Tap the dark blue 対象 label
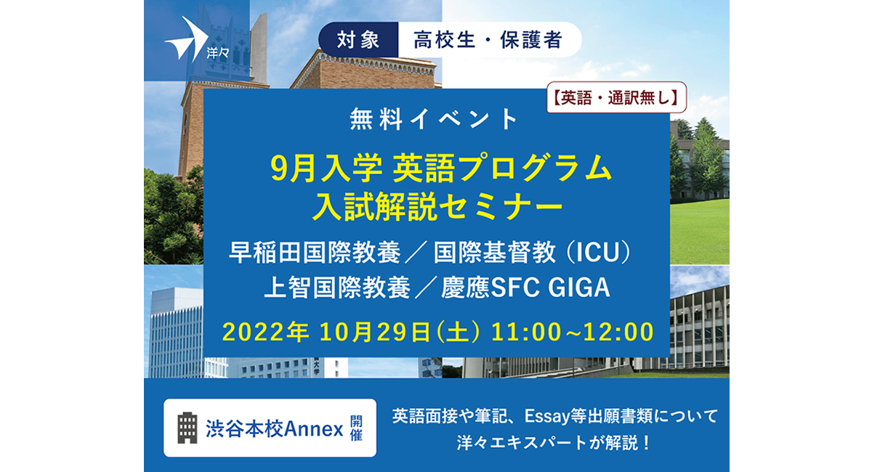point(358,40)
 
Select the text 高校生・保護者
point(488,40)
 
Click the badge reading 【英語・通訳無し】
point(616,97)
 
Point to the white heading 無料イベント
point(434,119)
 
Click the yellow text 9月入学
point(326,168)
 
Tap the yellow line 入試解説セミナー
point(438,207)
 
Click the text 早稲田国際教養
point(314,253)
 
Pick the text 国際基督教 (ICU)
point(532,253)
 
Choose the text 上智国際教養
point(337,288)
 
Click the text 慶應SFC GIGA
point(525,288)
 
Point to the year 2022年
point(265,333)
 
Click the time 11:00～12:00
point(573,333)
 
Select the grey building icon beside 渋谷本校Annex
point(187,428)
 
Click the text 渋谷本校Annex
point(275,429)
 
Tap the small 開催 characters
point(356,428)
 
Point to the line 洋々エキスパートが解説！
point(554,443)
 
